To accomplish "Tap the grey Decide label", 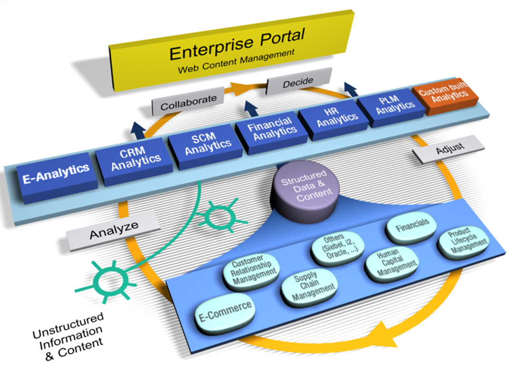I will pos(298,83).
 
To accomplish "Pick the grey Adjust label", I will pos(449,150).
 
